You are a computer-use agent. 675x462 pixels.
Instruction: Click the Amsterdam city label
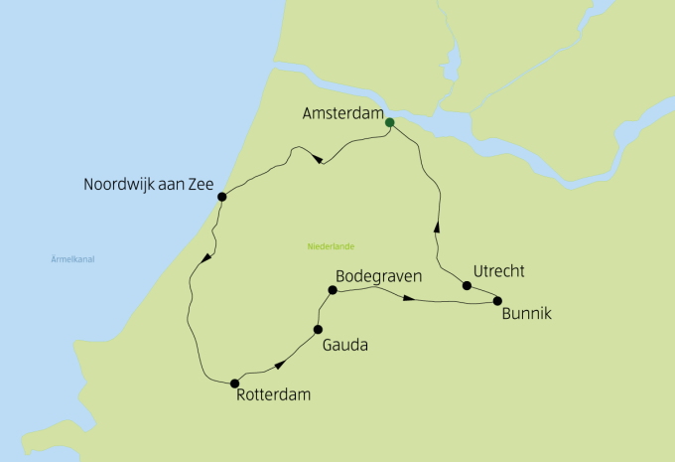[342, 115]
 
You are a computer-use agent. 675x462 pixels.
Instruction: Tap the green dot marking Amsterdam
[389, 122]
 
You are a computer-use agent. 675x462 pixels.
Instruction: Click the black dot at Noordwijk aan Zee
[221, 197]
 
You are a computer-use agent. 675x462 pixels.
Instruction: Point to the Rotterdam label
[274, 394]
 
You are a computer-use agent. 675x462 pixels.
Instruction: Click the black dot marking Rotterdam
[234, 383]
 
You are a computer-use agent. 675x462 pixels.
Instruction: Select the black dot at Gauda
[318, 329]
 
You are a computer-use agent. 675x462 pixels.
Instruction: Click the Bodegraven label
[380, 275]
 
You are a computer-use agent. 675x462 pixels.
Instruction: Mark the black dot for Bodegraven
[333, 291]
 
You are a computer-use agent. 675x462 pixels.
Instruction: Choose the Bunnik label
[526, 315]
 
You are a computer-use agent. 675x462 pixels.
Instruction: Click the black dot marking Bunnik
[497, 300]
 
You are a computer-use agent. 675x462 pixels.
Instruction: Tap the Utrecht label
[499, 270]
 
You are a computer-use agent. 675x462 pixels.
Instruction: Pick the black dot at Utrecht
[467, 286]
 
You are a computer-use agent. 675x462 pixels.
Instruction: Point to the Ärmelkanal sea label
[78, 259]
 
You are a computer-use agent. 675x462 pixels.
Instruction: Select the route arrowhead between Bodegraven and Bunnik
[409, 296]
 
